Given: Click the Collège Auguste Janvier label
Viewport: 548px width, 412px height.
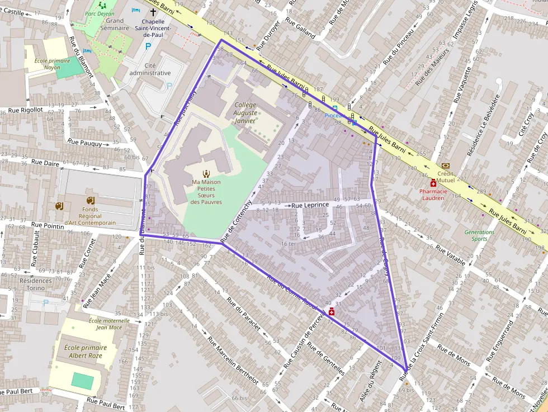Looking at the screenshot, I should [245, 112].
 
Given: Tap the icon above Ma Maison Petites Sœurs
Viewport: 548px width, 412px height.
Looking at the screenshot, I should [206, 173].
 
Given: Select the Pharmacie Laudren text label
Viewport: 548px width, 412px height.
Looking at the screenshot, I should [434, 194].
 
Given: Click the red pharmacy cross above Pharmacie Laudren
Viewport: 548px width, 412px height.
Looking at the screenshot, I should [433, 183].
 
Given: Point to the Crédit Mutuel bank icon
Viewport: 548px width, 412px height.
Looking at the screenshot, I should [446, 165].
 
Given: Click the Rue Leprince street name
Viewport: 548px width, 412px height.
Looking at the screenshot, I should [310, 205].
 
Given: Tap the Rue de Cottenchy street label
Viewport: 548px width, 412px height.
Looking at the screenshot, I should [239, 221].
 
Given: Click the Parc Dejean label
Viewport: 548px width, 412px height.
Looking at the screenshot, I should [99, 13].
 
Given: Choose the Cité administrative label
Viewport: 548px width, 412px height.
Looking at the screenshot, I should [150, 69].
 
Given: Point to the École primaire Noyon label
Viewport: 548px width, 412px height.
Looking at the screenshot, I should [48, 64].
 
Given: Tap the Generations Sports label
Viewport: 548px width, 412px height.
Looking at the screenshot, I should [479, 235].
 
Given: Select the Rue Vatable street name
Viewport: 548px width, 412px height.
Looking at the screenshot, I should [450, 256].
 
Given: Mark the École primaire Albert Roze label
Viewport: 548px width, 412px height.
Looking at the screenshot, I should [86, 351].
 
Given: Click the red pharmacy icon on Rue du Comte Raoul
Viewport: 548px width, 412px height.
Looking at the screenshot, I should [332, 311].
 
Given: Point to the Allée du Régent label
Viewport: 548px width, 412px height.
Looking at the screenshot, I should [367, 376].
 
